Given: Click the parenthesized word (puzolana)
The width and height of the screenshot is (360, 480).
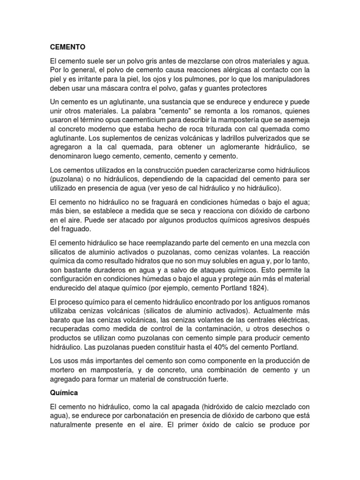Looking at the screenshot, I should point(67,179).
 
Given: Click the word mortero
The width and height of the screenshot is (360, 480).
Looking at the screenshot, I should point(62,370).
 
